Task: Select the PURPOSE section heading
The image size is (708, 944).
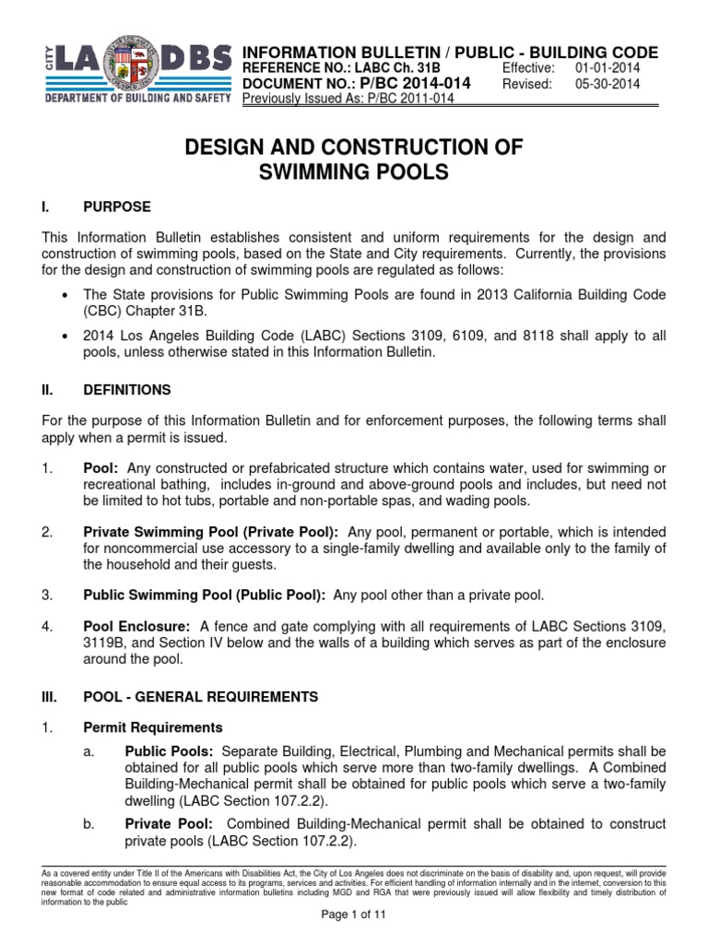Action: coord(117,206)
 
